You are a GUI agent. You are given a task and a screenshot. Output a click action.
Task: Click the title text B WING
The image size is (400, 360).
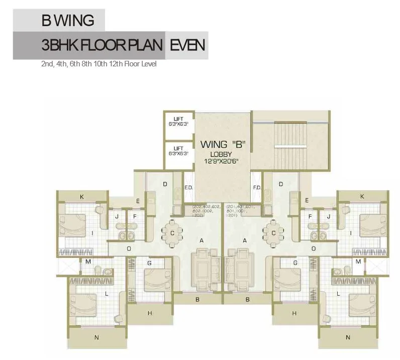pos(67,21)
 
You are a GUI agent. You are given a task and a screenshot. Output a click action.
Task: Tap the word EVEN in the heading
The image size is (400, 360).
pos(187,45)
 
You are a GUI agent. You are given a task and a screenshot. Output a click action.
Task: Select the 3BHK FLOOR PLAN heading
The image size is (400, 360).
pos(103,45)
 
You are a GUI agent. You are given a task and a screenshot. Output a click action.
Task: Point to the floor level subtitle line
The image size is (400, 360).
pos(99,64)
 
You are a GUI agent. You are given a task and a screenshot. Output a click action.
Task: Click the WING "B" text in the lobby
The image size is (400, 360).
pos(222,144)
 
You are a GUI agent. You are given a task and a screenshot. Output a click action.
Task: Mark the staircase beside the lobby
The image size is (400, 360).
pos(290,146)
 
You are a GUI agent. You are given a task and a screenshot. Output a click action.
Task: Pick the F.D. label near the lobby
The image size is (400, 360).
pos(257,188)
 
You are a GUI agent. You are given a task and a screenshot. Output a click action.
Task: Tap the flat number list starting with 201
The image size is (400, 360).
pos(241,211)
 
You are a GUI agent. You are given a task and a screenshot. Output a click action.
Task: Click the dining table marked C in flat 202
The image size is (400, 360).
pos(172,233)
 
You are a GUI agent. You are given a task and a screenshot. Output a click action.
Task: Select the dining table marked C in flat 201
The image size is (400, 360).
pos(273,233)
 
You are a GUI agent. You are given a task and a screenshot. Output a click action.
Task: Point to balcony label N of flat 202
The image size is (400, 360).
pos(97,337)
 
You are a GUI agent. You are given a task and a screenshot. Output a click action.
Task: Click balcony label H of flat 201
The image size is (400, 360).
pos(294,313)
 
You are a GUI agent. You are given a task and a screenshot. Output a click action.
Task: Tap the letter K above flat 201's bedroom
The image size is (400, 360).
pos(362,196)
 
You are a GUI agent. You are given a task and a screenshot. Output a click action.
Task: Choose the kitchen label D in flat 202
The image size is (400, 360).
pos(164,184)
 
